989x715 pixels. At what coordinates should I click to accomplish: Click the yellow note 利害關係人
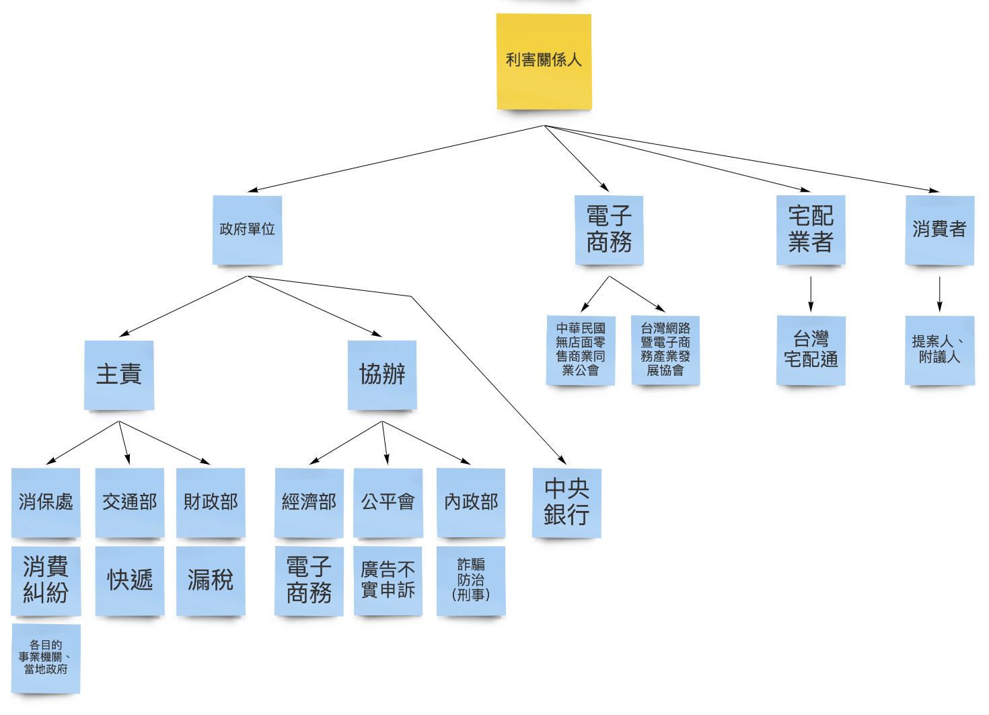[x=544, y=61]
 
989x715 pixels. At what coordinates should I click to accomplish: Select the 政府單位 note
[x=247, y=230]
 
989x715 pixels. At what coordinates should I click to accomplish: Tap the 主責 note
[x=119, y=374]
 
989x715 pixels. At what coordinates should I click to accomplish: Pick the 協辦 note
[x=382, y=374]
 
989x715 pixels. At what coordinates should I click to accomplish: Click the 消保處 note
[x=46, y=502]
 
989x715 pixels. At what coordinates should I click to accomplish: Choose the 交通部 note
[x=130, y=502]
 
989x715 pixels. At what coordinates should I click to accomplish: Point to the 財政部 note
[x=211, y=502]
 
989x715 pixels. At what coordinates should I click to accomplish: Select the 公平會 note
[x=388, y=502]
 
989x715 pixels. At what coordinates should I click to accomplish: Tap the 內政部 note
[x=471, y=502]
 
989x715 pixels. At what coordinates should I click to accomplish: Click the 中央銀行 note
[x=566, y=502]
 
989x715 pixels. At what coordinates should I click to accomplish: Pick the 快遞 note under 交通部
[x=130, y=580]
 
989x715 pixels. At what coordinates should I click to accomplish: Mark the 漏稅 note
[x=211, y=580]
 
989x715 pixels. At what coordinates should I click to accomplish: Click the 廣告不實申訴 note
[x=388, y=580]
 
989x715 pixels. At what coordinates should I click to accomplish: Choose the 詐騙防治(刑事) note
[x=471, y=580]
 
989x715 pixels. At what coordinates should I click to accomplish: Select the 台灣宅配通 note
[x=811, y=350]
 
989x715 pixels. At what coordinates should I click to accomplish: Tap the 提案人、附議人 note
[x=939, y=350]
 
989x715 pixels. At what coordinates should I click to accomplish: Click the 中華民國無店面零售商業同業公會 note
[x=581, y=350]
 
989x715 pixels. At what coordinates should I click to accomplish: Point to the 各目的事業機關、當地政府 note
[x=46, y=658]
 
